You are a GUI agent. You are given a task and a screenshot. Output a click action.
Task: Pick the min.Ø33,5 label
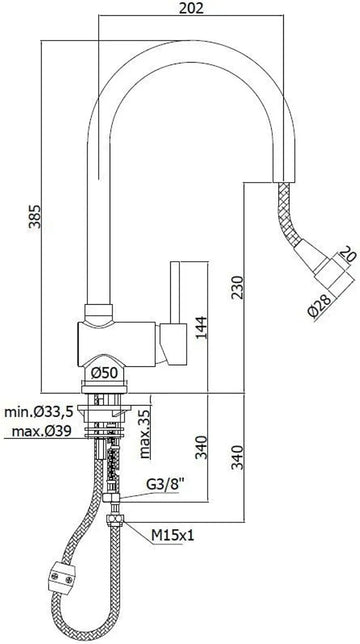(38, 412)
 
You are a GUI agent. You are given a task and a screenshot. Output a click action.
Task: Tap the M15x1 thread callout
(171, 536)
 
